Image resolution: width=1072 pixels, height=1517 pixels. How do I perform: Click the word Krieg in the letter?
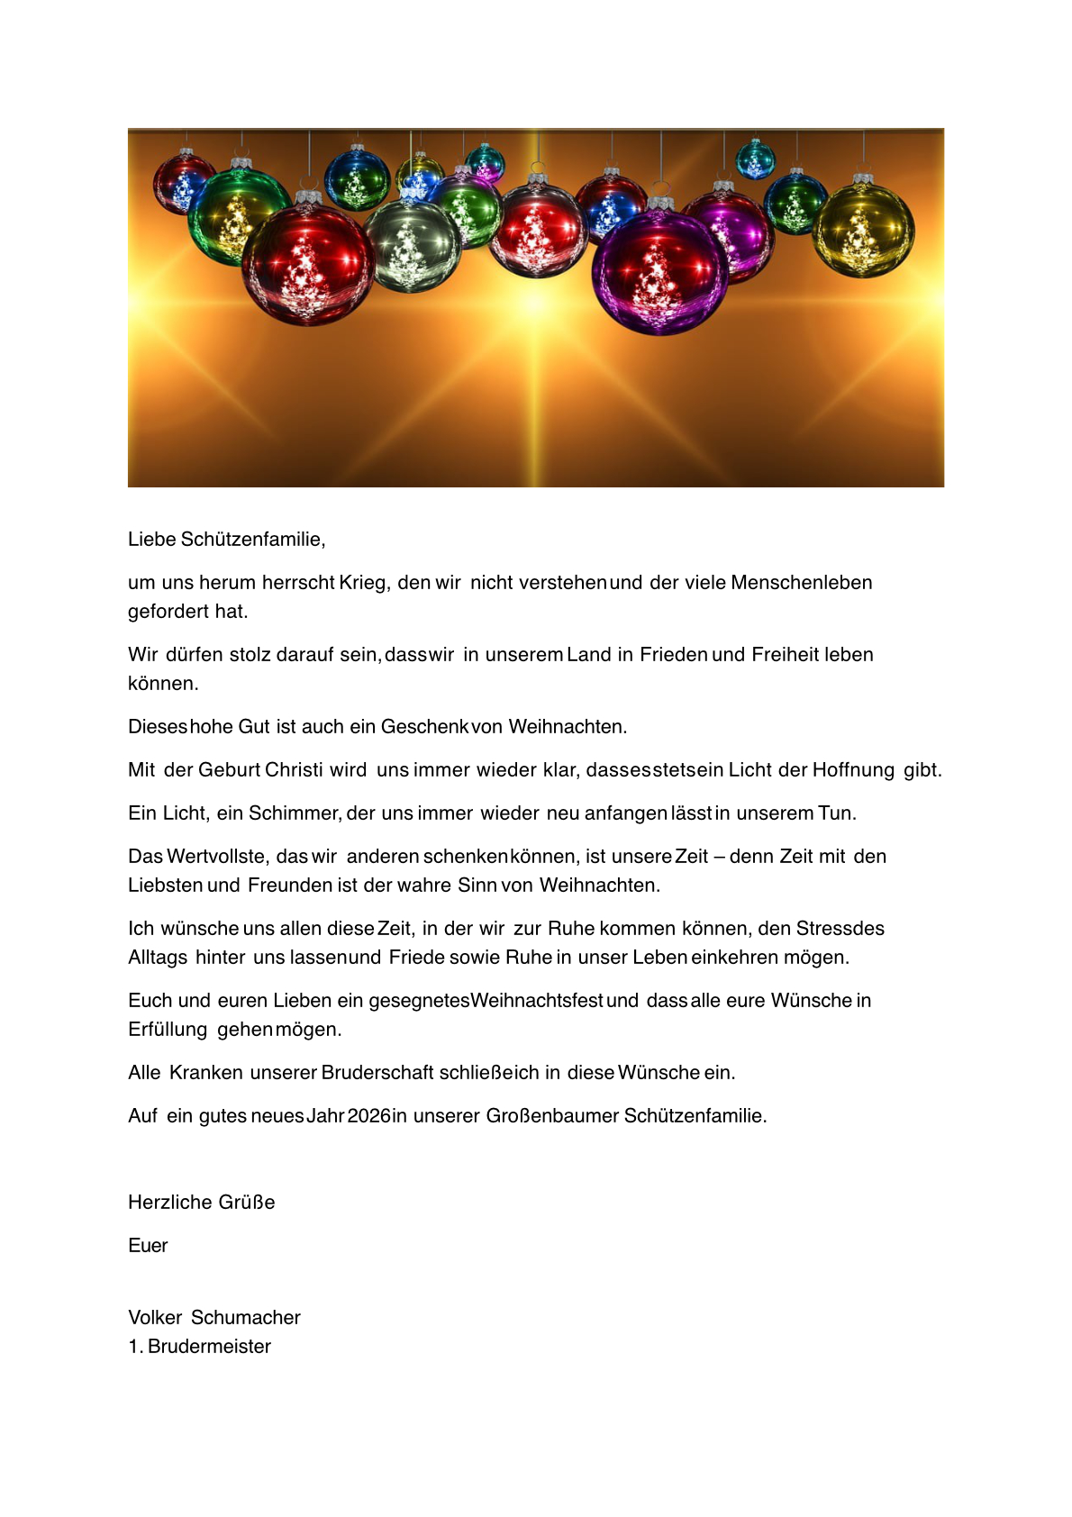click(x=364, y=583)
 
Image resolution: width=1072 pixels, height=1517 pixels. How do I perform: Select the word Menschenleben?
click(x=801, y=583)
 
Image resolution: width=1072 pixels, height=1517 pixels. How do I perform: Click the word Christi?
click(x=294, y=770)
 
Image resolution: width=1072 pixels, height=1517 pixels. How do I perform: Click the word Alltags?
click(x=158, y=958)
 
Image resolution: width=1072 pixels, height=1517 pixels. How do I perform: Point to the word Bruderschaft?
click(x=377, y=1073)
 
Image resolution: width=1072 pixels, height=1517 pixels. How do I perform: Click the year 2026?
click(x=368, y=1116)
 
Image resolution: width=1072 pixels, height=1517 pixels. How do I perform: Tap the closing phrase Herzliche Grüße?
click(x=202, y=1203)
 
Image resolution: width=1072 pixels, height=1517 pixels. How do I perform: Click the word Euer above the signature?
click(x=148, y=1246)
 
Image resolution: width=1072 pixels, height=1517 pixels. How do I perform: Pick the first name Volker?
click(x=155, y=1318)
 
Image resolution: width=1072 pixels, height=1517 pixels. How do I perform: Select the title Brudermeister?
click(x=209, y=1347)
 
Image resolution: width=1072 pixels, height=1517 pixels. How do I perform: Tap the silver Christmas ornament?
click(x=413, y=245)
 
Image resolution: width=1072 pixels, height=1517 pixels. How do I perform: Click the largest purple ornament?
click(x=659, y=271)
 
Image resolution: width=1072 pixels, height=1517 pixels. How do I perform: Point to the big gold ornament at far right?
click(x=863, y=230)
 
